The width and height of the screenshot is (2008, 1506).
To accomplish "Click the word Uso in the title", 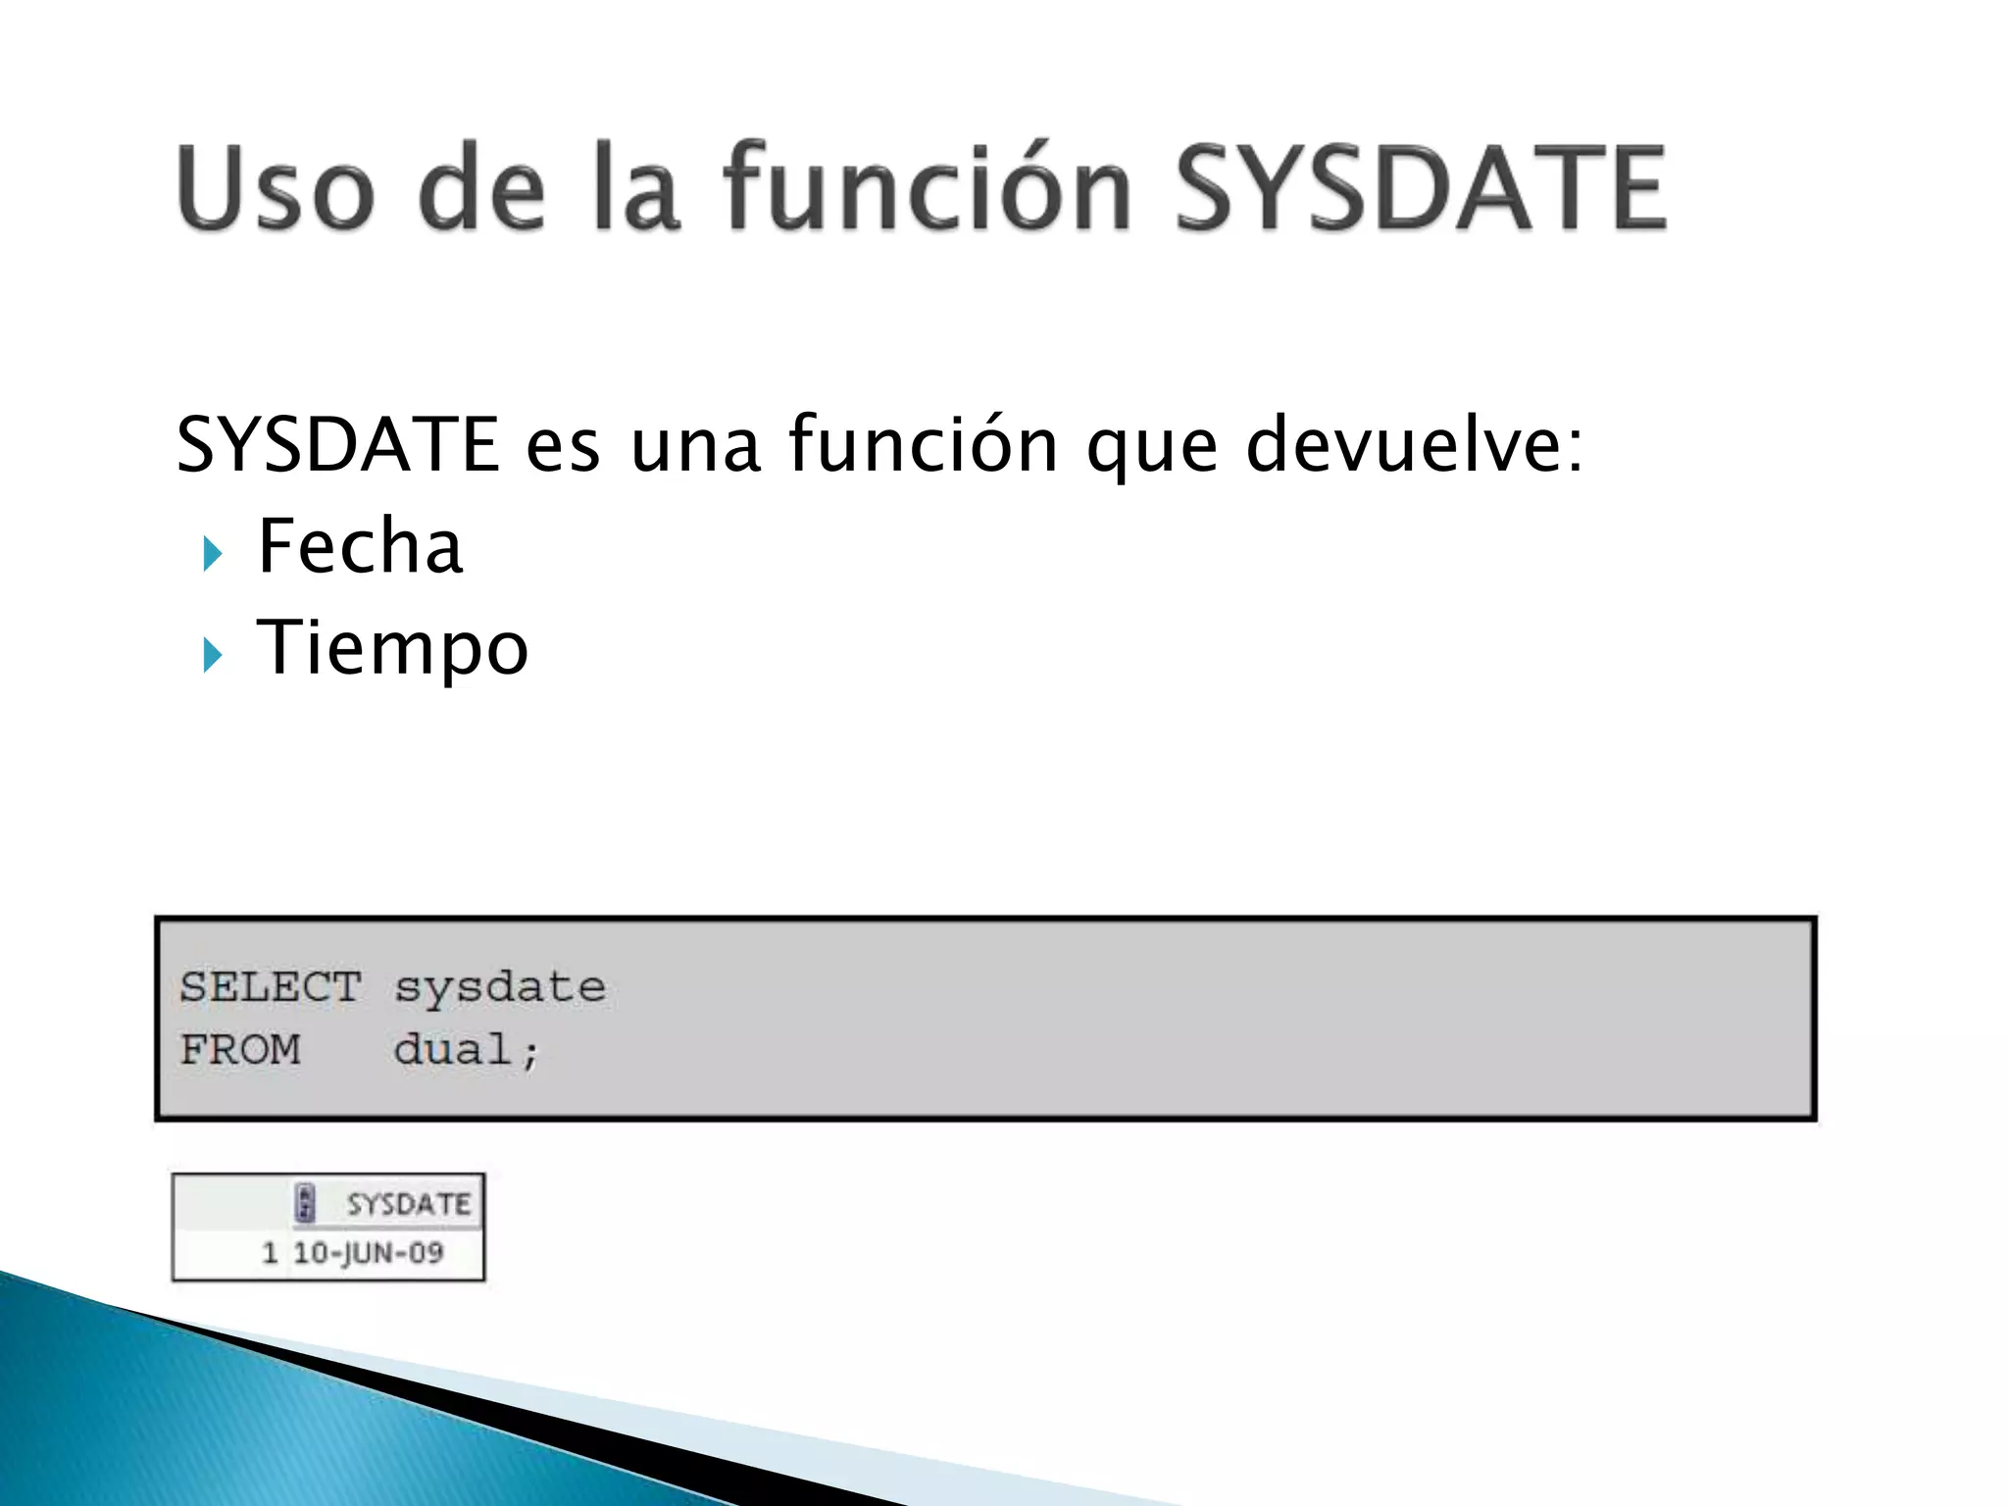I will (276, 188).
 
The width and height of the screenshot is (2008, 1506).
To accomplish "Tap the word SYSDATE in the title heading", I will (1420, 188).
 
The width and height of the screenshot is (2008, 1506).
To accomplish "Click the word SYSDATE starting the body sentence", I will (337, 444).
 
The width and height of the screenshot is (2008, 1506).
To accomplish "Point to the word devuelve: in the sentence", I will (1414, 444).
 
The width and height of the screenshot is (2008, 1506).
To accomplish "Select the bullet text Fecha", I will (359, 546).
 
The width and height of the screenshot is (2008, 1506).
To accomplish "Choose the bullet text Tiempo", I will (392, 649).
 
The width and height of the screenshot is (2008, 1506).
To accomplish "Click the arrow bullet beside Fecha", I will (212, 554).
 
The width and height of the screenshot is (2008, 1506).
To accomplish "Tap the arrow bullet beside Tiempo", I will (212, 655).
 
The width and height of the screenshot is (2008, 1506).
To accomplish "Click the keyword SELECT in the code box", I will (270, 987).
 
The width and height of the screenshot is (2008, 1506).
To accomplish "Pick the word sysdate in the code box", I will (500, 987).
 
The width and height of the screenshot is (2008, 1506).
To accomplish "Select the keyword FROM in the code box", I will (240, 1050).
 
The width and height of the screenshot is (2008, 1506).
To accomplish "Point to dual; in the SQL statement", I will (467, 1050).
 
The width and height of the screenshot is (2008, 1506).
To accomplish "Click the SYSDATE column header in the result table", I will (408, 1204).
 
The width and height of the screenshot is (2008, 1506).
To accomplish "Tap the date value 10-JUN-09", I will (369, 1253).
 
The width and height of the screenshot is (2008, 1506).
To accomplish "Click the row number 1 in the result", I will (271, 1253).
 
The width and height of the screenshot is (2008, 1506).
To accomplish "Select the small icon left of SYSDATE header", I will (305, 1203).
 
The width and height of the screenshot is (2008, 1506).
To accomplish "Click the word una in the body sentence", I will (694, 444).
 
